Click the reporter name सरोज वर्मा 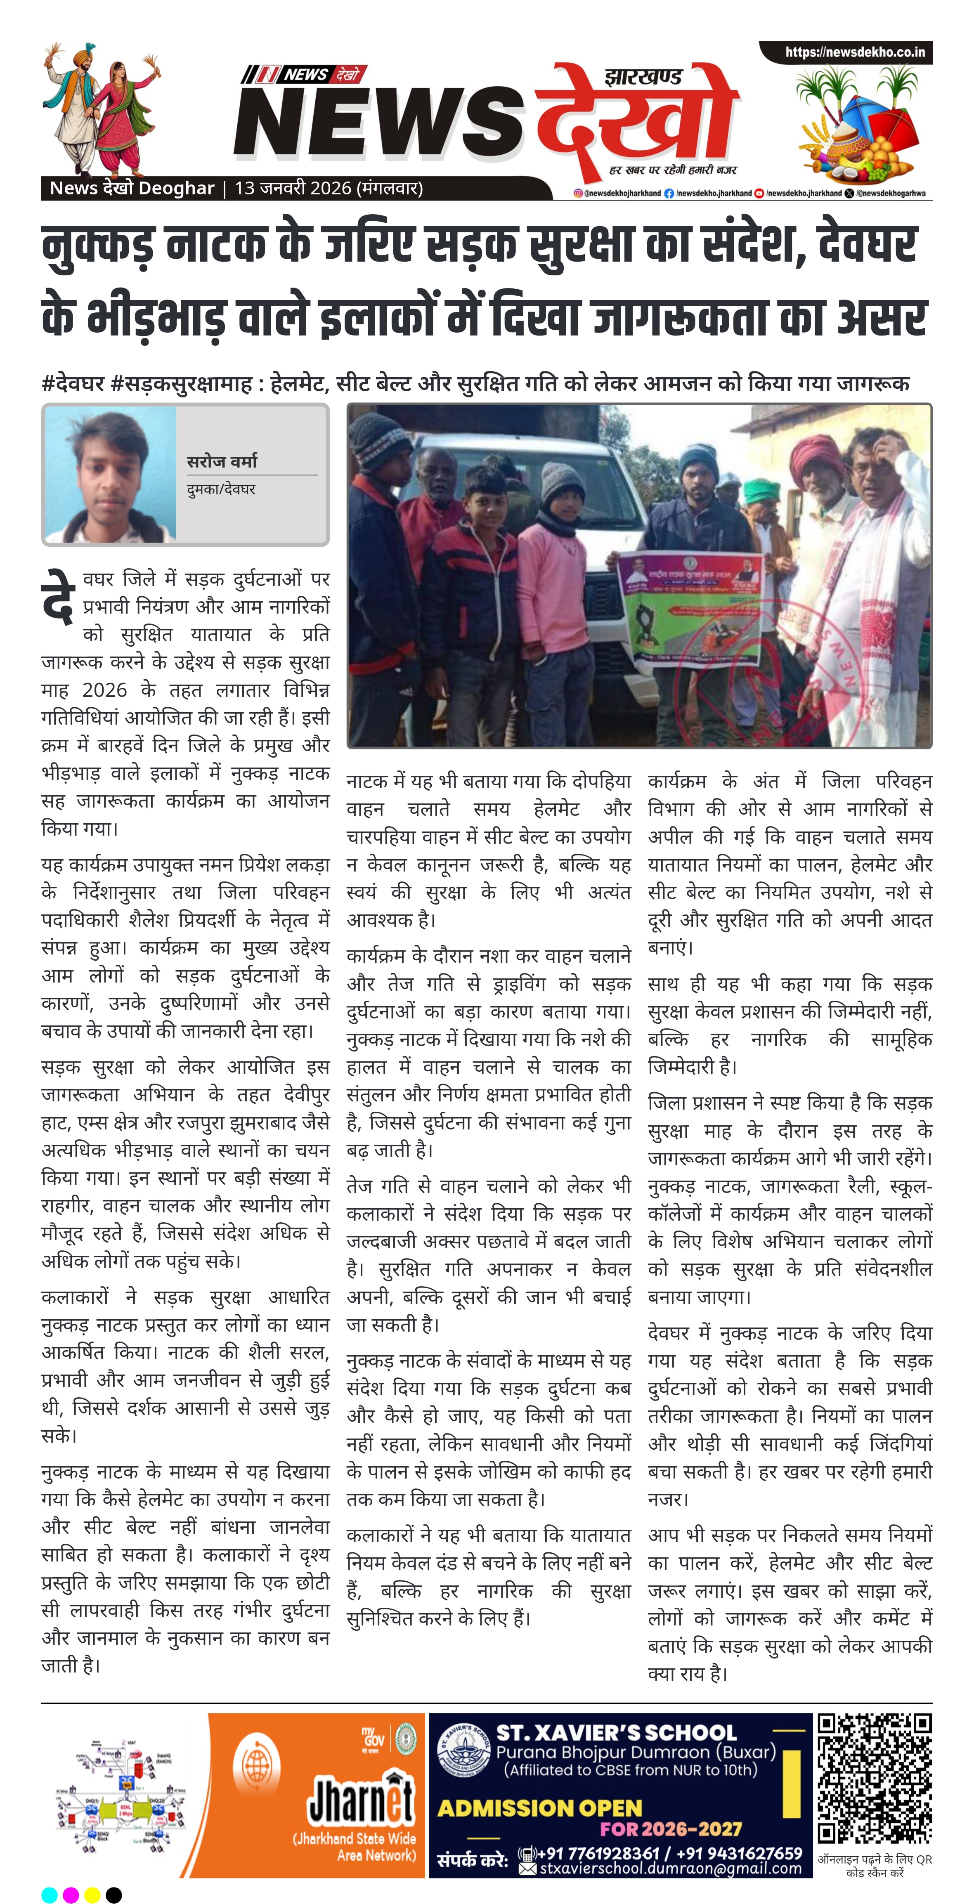(222, 461)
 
